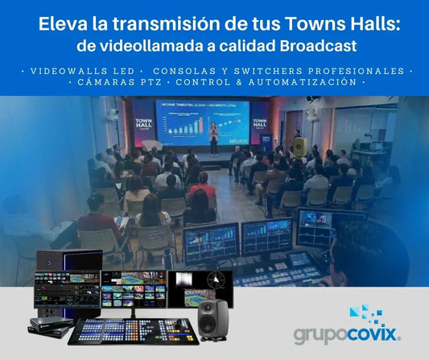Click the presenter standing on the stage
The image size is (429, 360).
point(213,138)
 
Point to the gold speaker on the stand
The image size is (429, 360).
point(299,147)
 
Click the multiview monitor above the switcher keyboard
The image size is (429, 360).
point(133,290)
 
